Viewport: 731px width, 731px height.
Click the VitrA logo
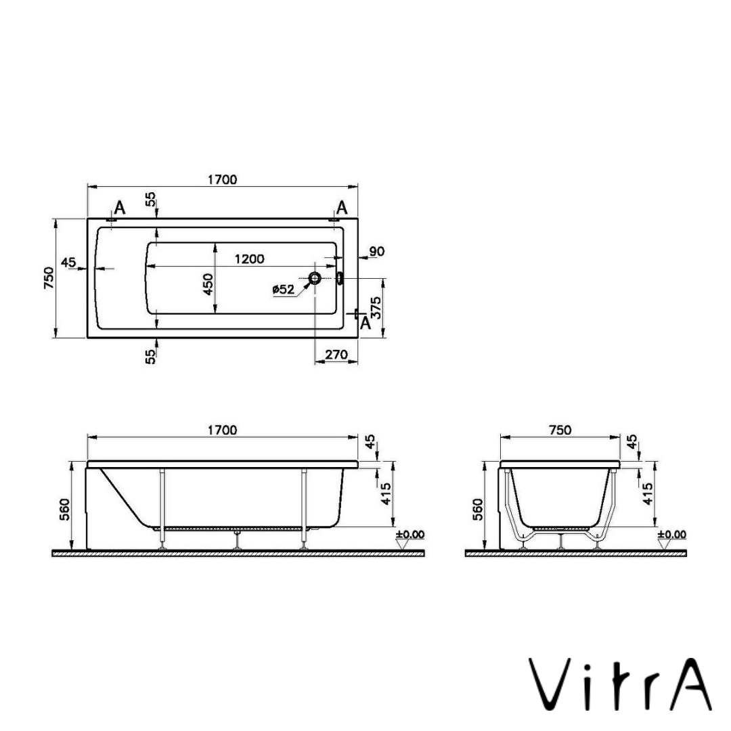[x=620, y=685]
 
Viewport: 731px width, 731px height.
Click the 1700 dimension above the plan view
[x=223, y=179]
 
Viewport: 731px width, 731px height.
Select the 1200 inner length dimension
[x=249, y=259]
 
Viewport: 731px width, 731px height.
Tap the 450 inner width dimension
[x=208, y=284]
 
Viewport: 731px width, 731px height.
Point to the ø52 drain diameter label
[x=284, y=290]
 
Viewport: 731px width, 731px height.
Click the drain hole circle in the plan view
[x=315, y=278]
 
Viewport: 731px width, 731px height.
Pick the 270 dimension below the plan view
[x=336, y=355]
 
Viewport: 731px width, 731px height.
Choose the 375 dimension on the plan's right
[x=376, y=307]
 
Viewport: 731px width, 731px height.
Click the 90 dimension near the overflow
[x=377, y=251]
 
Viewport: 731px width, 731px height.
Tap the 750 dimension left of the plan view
[x=49, y=278]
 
